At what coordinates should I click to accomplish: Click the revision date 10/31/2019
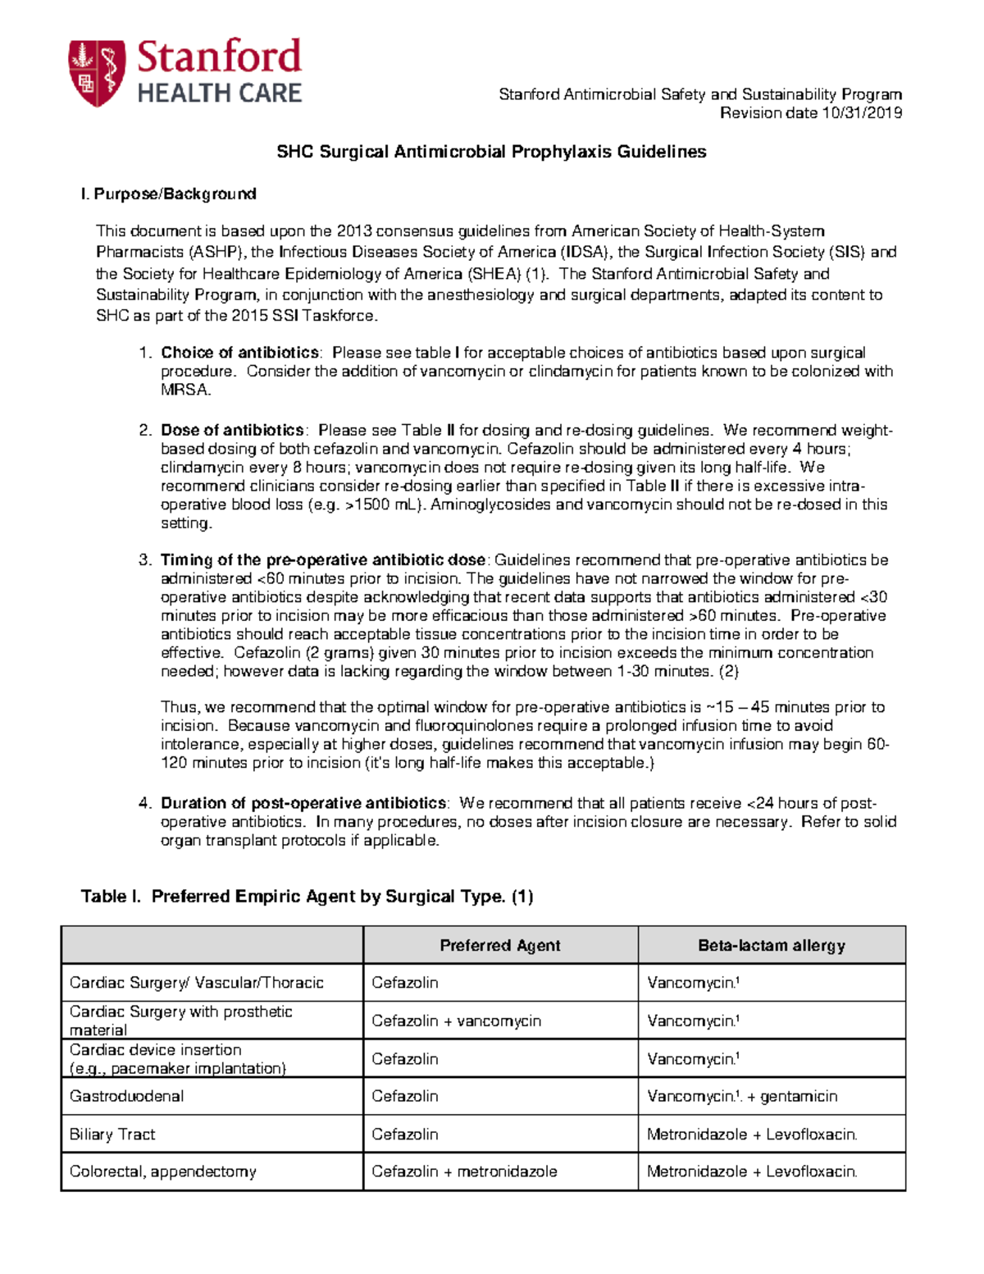click(x=861, y=113)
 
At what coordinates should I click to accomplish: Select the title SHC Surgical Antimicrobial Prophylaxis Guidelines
click(x=491, y=152)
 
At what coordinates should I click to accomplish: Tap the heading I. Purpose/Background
click(x=168, y=194)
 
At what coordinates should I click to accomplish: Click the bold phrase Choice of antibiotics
click(x=239, y=353)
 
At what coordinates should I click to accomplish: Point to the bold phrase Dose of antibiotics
click(x=232, y=431)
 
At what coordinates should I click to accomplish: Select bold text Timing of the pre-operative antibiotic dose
click(x=323, y=560)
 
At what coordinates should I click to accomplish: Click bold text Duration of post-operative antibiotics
click(x=303, y=803)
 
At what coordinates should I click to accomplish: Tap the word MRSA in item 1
click(x=185, y=390)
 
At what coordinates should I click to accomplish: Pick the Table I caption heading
click(x=307, y=897)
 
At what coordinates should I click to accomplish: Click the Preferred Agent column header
click(x=499, y=946)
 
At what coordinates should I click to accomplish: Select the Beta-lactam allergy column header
click(x=771, y=946)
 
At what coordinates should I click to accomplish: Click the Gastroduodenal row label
click(x=126, y=1097)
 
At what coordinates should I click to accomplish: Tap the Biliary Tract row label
click(x=112, y=1135)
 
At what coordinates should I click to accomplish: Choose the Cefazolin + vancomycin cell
click(x=456, y=1021)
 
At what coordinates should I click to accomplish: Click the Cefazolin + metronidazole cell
click(x=464, y=1172)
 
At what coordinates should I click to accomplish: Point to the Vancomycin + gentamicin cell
click(x=741, y=1097)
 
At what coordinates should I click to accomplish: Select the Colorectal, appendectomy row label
click(x=162, y=1172)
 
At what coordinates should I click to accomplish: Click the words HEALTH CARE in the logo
click(x=219, y=94)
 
